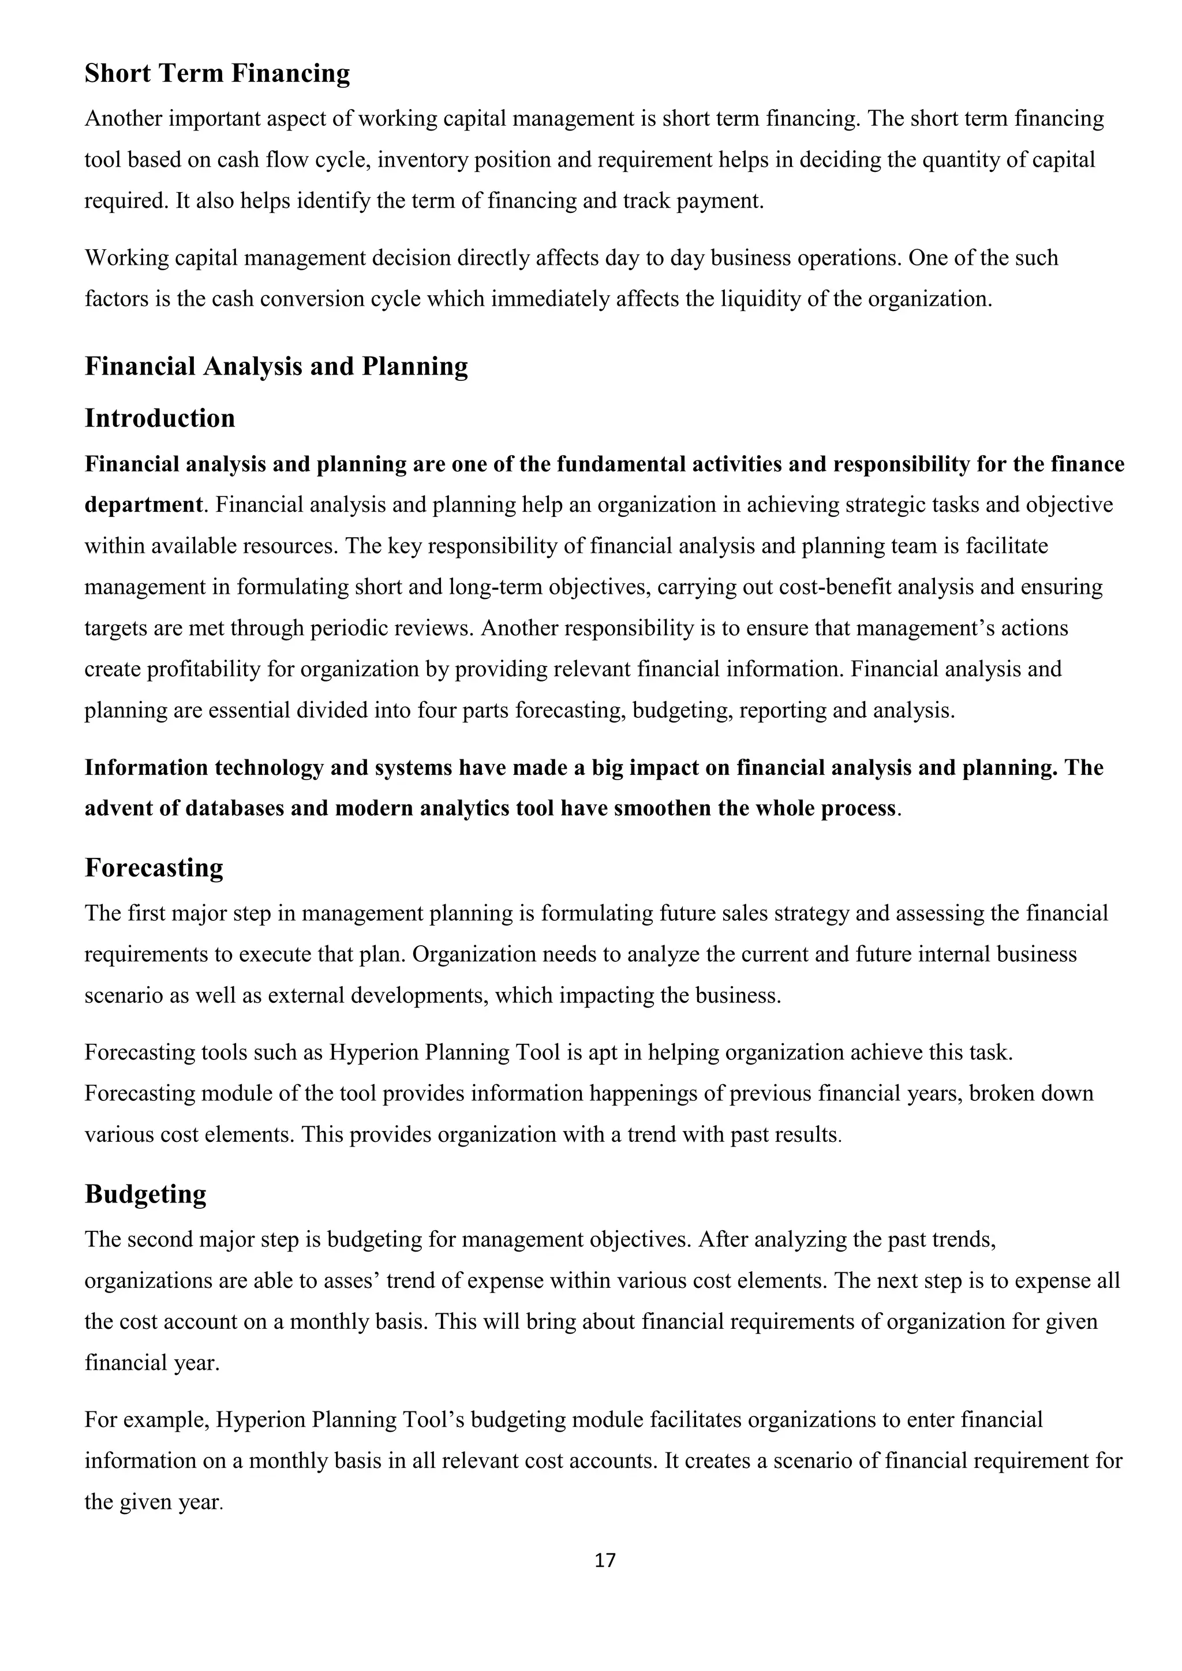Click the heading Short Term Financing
click(x=217, y=73)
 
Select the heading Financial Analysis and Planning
click(x=276, y=366)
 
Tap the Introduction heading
click(x=160, y=418)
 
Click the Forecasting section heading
click(x=154, y=867)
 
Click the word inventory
click(x=423, y=160)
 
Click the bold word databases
click(x=235, y=808)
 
